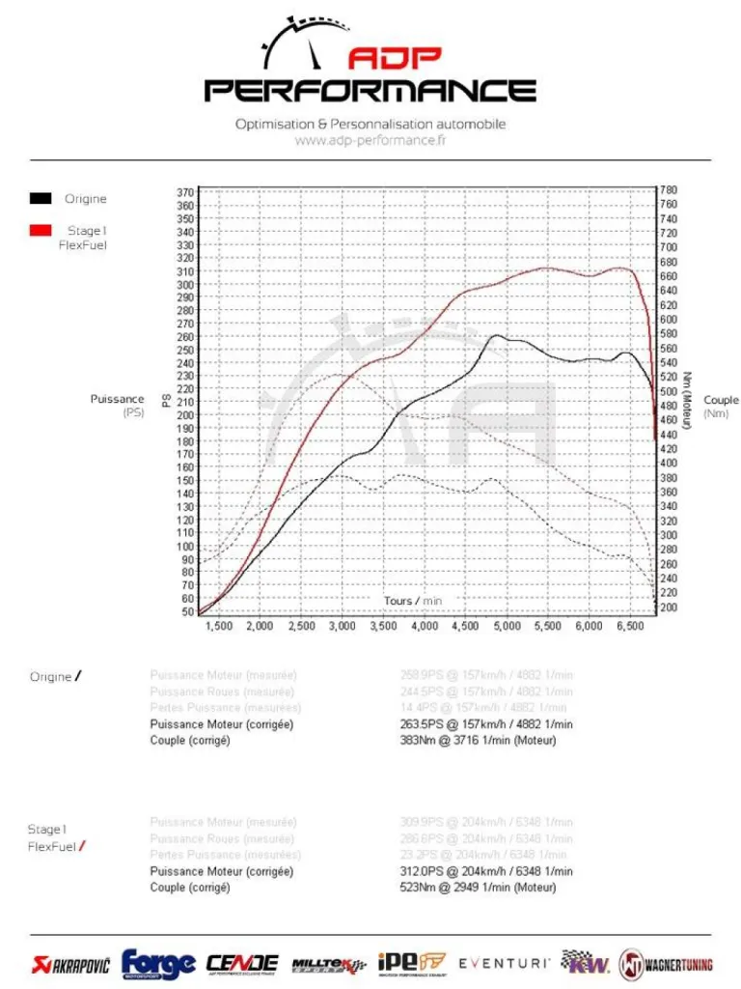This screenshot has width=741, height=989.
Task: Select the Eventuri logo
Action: coord(505,963)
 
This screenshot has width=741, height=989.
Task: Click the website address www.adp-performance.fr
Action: coord(370,141)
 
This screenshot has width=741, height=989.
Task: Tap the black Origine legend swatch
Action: coord(41,199)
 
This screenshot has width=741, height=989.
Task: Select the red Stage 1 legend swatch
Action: coord(41,231)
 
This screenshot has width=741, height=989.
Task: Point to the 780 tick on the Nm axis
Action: coord(669,190)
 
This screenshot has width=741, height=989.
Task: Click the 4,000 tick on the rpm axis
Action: coord(425,627)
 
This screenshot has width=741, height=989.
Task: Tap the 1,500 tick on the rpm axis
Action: coord(219,627)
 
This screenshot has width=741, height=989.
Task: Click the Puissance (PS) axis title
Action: coord(118,406)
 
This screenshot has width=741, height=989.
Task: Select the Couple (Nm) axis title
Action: coord(721,407)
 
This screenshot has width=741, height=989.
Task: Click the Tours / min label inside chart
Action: coord(413,601)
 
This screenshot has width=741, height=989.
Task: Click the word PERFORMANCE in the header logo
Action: coord(370,91)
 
